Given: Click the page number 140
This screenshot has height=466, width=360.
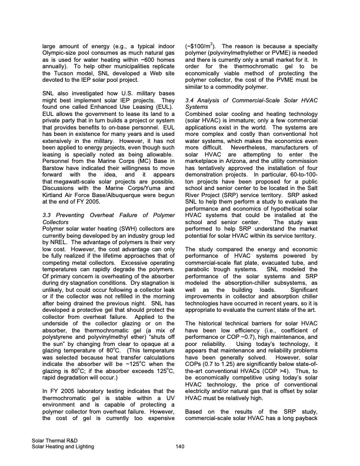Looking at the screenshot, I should click(181, 447).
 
